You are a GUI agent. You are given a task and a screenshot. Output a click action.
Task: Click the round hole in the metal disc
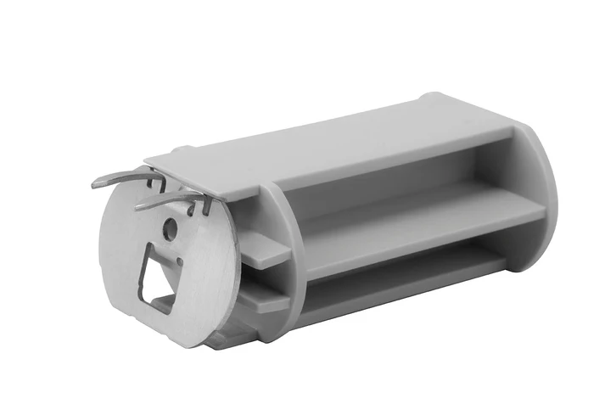pos(171,227)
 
